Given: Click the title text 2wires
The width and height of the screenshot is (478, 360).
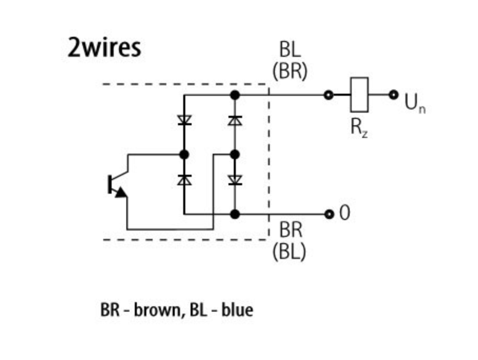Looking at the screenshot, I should click(x=104, y=47).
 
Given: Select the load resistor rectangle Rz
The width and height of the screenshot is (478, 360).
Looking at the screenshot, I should click(x=360, y=95).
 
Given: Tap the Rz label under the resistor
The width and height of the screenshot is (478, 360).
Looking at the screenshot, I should click(x=360, y=128).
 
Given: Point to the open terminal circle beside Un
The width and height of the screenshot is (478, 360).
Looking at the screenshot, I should click(x=393, y=95).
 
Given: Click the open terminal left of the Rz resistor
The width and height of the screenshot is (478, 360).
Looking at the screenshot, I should click(x=329, y=95).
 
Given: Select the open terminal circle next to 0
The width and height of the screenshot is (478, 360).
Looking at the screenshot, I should click(x=330, y=214).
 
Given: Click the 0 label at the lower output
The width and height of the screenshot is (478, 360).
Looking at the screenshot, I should click(x=344, y=214).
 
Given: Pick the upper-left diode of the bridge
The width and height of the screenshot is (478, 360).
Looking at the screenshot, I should click(x=184, y=121).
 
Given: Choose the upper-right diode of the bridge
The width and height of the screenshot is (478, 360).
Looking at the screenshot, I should click(x=235, y=121).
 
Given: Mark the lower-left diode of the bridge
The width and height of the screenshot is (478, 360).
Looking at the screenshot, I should click(x=184, y=180).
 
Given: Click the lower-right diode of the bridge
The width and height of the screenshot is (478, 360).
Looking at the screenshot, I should click(x=235, y=180).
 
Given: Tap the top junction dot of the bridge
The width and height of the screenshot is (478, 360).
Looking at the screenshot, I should click(x=235, y=95).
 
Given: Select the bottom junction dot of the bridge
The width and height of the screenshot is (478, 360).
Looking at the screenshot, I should click(x=235, y=214).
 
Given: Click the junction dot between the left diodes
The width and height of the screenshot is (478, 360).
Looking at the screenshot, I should click(x=184, y=155).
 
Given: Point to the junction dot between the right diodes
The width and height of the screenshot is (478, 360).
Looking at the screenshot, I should click(x=235, y=155).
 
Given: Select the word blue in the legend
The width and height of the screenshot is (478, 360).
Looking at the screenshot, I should click(x=237, y=309).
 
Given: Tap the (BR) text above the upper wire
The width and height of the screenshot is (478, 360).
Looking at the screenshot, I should click(x=290, y=71).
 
